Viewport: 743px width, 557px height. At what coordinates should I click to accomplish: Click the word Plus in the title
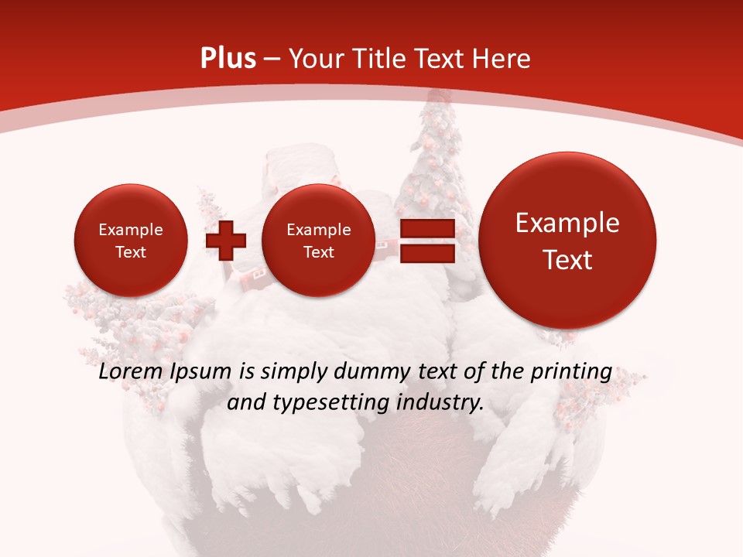click(228, 59)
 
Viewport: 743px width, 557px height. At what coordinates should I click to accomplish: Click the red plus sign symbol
click(226, 241)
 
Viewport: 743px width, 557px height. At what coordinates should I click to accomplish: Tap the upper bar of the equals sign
click(426, 230)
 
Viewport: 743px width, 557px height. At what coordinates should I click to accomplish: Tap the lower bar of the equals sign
click(426, 253)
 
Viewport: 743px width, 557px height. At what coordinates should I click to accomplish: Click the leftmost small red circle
click(131, 241)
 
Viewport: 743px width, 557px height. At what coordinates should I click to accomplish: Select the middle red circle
click(319, 241)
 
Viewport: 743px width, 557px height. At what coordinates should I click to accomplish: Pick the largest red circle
click(567, 241)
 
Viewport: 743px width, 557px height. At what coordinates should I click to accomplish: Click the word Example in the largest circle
click(567, 223)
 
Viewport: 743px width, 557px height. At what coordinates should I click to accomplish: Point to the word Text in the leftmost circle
click(131, 252)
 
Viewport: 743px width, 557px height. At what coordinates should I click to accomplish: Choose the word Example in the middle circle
click(319, 230)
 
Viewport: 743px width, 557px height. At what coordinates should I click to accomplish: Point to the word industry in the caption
click(440, 402)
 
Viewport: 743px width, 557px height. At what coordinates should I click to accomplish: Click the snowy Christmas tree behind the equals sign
click(430, 155)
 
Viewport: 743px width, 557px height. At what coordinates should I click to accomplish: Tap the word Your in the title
click(317, 59)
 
